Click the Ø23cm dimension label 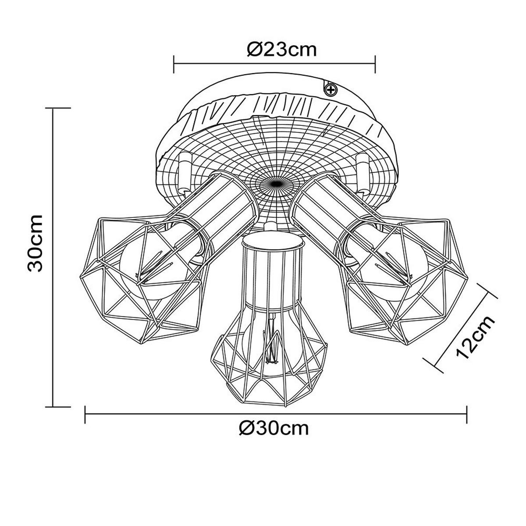coord(281,50)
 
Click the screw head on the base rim coord(330,90)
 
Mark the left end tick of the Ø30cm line coord(85,415)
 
